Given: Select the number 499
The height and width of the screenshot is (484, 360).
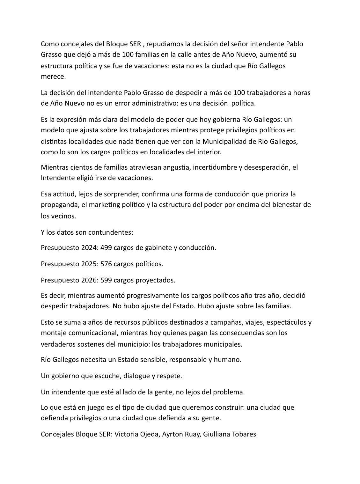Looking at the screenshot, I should point(106,248).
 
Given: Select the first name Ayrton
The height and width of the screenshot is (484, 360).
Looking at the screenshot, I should point(172,434).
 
